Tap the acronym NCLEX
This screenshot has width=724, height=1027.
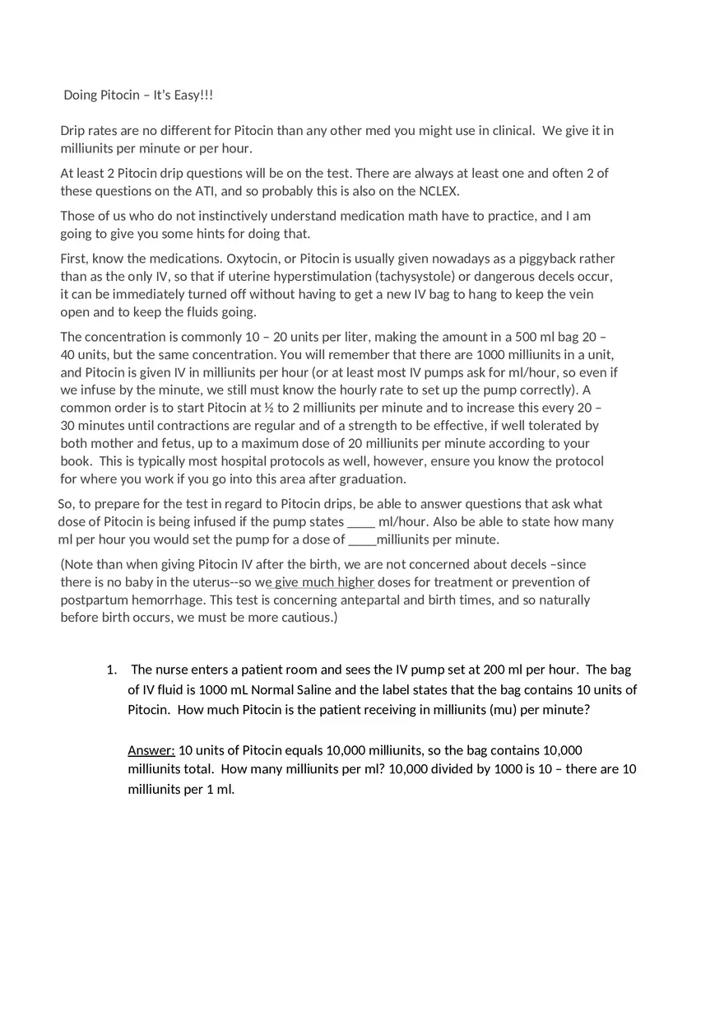(x=439, y=191)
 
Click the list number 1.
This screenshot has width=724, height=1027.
(x=111, y=670)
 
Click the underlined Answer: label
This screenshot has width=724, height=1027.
(x=151, y=749)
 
